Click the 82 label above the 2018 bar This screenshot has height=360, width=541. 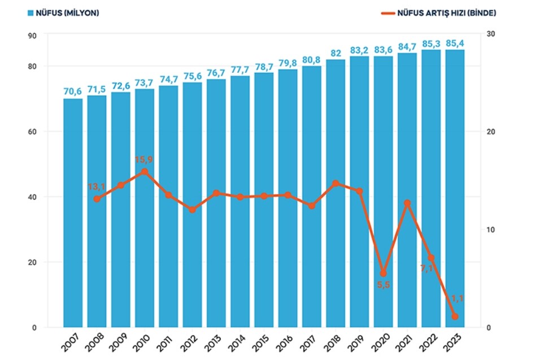(335, 53)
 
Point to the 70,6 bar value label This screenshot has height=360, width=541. (73, 91)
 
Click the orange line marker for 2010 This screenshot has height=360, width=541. (145, 172)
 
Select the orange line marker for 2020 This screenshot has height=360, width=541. (383, 273)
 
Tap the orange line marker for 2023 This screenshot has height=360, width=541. (455, 317)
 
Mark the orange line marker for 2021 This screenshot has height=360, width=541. (407, 203)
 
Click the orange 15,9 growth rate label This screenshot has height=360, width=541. (143, 160)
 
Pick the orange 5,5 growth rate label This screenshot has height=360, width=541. (383, 285)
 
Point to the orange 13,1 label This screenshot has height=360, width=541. (97, 187)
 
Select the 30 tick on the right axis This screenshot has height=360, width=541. (491, 34)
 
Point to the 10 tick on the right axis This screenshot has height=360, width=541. (491, 230)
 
